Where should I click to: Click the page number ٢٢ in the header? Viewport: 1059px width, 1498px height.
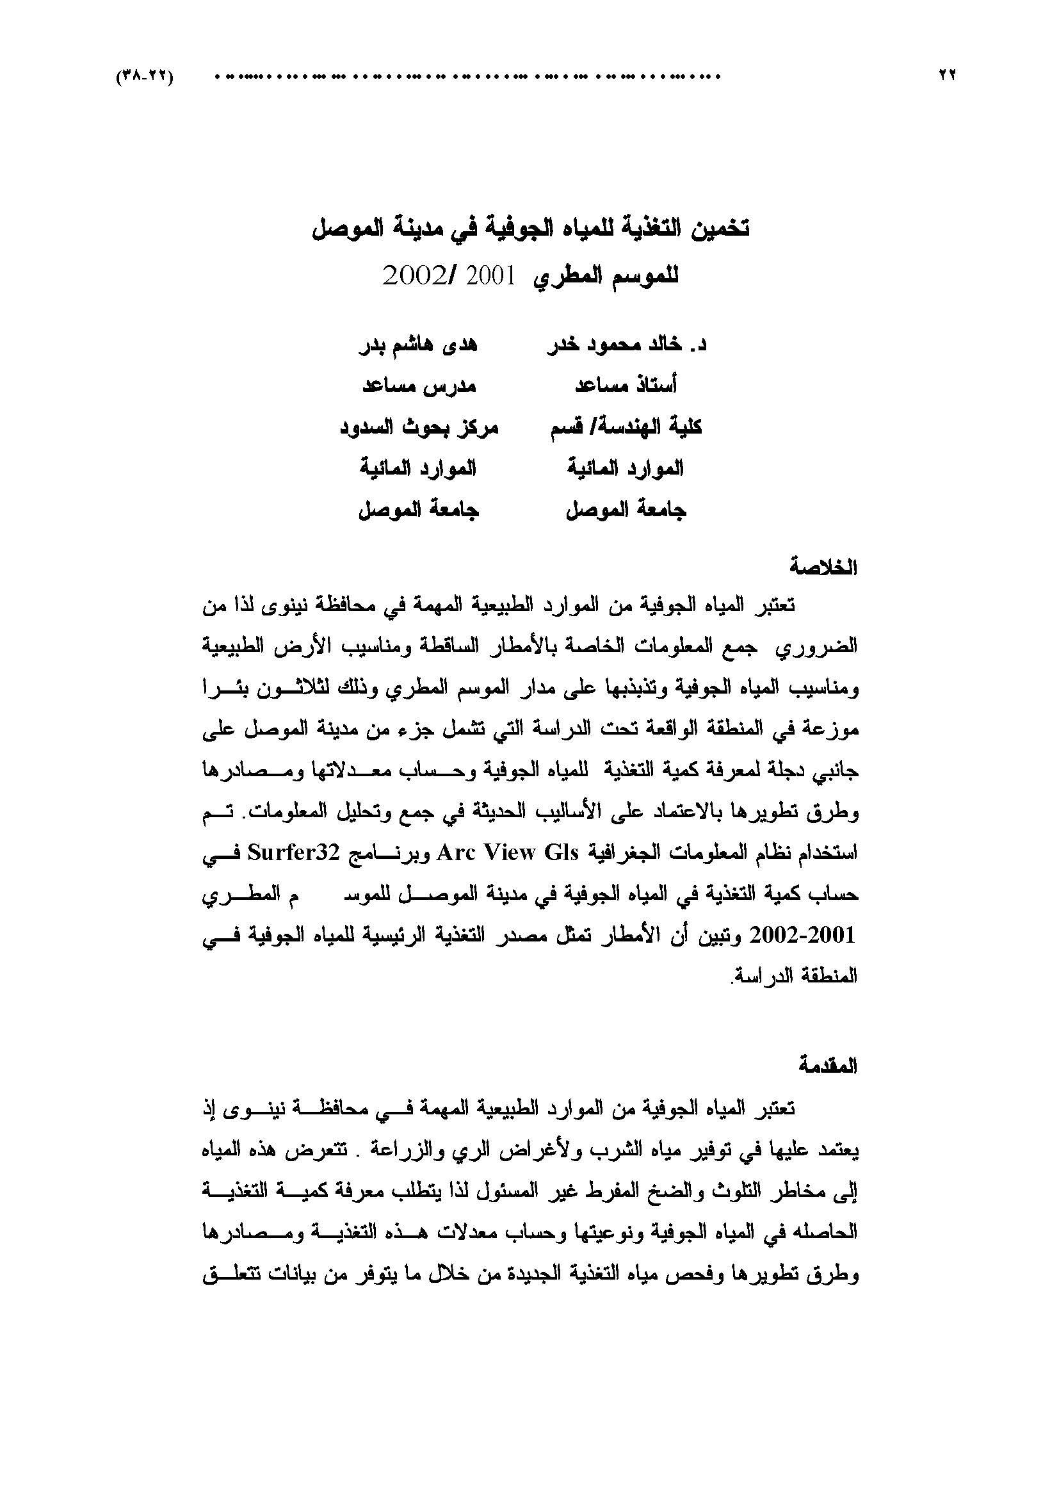pyautogui.click(x=946, y=76)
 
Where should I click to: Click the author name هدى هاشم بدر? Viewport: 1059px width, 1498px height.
pyautogui.click(x=419, y=345)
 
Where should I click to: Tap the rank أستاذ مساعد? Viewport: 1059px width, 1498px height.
pyautogui.click(x=626, y=386)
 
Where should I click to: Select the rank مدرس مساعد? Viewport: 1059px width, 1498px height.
pyautogui.click(x=419, y=386)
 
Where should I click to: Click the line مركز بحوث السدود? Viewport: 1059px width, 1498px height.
pyautogui.click(x=419, y=427)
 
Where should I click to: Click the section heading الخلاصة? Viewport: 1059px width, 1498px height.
pyautogui.click(x=823, y=567)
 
